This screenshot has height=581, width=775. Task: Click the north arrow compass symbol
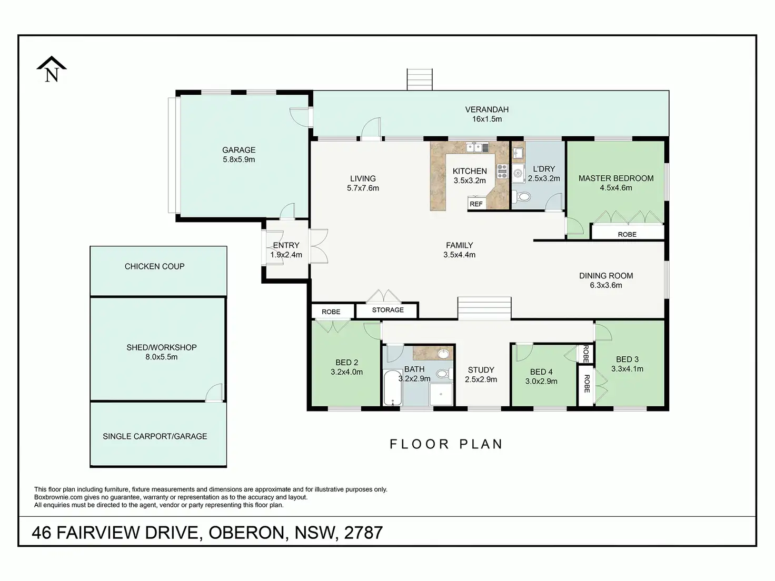(x=52, y=69)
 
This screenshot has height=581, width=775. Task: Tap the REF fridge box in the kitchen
(x=476, y=204)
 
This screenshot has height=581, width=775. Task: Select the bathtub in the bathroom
(x=393, y=388)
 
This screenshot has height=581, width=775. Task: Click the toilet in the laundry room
(x=521, y=196)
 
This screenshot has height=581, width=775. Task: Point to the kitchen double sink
(x=478, y=147)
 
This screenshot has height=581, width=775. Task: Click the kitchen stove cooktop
(x=502, y=172)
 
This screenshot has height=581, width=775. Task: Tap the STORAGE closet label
(x=388, y=310)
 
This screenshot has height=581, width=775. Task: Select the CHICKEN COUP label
(x=155, y=266)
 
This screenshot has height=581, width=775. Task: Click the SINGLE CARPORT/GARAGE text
(x=155, y=436)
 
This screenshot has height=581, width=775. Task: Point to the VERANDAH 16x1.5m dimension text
(x=487, y=119)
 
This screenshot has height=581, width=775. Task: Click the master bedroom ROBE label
(x=628, y=235)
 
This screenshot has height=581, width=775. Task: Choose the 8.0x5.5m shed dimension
(x=161, y=357)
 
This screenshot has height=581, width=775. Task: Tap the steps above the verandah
(x=420, y=79)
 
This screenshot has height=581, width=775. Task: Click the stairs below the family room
(x=484, y=308)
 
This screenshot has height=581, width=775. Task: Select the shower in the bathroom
(x=441, y=394)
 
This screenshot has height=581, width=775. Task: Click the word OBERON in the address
(x=246, y=533)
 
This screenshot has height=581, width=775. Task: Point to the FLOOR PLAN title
(x=446, y=444)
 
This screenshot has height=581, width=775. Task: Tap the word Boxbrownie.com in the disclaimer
(x=58, y=497)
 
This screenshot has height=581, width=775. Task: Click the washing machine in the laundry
(x=518, y=173)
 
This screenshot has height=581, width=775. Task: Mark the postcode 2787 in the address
(x=363, y=533)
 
